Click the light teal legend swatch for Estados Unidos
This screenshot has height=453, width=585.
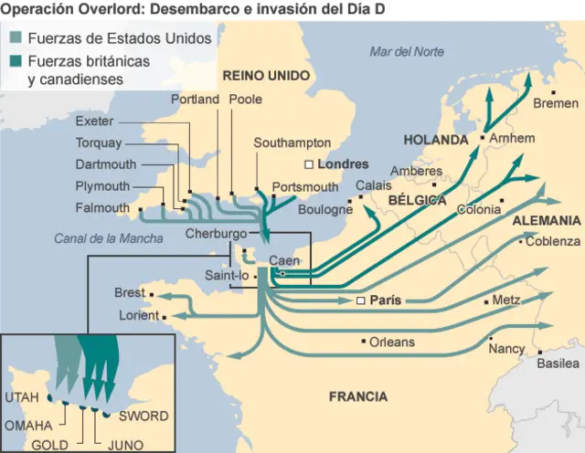point(16,39)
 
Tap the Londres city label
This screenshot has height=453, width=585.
point(343,164)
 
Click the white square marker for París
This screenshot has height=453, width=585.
point(360,300)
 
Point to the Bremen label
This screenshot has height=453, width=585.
point(556,103)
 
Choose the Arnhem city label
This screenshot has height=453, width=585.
point(512,138)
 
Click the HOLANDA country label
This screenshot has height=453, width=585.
point(436,141)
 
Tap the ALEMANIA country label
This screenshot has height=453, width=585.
point(546,220)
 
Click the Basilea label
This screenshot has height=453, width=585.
point(557,363)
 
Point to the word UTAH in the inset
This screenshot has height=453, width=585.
point(22,398)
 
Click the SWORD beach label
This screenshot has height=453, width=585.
point(144,416)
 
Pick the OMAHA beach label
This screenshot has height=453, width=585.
point(29,426)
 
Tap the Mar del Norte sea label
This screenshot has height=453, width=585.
point(407,52)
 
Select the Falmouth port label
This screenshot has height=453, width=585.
point(102,208)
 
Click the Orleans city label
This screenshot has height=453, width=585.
point(391,342)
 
